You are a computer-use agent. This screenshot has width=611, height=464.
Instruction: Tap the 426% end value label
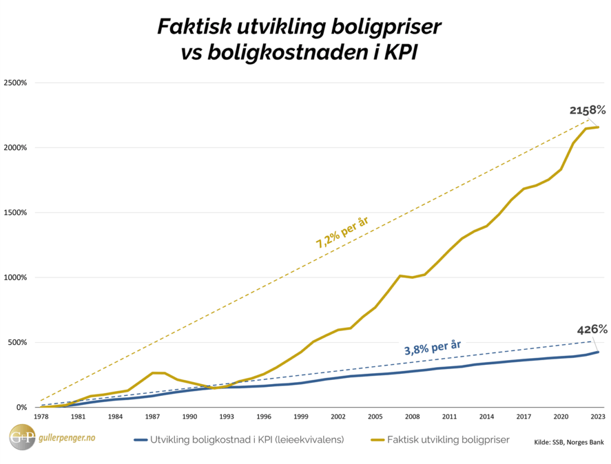pos(592,330)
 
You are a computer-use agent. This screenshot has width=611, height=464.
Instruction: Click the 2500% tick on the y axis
pos(15,83)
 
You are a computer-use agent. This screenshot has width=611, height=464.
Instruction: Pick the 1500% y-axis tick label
pos(15,213)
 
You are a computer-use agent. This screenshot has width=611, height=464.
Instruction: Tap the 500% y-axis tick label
pos(17,343)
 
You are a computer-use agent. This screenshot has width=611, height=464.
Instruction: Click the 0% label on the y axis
pos(22,408)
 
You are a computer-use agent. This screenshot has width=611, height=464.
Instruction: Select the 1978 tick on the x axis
pos(41,416)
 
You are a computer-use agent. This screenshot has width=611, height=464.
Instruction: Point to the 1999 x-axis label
pos(301,416)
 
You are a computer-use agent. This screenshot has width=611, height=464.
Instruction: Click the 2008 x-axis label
pos(412,416)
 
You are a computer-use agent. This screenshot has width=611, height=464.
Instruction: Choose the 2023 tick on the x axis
pos(598,416)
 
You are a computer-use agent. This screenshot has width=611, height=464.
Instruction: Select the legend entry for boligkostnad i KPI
pos(239,440)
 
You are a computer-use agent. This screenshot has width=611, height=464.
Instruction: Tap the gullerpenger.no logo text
pos(66,438)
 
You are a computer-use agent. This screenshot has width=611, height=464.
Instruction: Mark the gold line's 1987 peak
pos(154,373)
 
